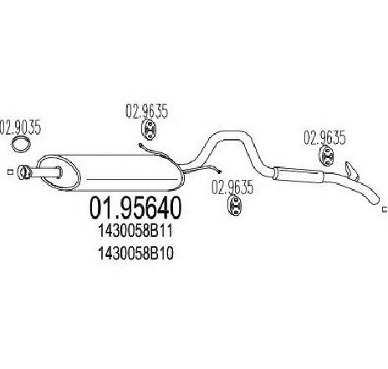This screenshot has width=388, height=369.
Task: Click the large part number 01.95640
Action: tap(135, 208)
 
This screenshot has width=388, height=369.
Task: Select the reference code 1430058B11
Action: tap(135, 232)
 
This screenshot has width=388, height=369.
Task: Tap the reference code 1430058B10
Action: tap(135, 254)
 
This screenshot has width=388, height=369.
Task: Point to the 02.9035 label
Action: tap(20, 127)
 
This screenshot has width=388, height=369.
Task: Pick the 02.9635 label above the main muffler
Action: tap(147, 111)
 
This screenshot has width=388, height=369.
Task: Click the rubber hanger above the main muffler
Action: tap(149, 130)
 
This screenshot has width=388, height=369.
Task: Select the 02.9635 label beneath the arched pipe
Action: tap(232, 187)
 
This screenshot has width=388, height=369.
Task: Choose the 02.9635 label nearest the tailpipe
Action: tap(324, 137)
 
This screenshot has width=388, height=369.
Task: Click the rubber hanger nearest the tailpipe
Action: tap(326, 156)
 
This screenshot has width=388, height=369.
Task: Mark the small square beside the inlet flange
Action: tap(10, 172)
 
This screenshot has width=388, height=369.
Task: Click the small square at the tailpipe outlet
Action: tap(385, 209)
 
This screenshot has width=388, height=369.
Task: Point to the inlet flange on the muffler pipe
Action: tap(24, 172)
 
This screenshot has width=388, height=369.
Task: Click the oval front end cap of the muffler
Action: tap(59, 173)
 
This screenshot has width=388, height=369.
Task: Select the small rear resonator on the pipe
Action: tap(298, 175)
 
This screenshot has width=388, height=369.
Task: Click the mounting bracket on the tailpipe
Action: tap(352, 170)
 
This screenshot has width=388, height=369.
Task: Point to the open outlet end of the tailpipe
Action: tap(375, 200)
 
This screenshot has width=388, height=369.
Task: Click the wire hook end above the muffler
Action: tap(140, 145)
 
